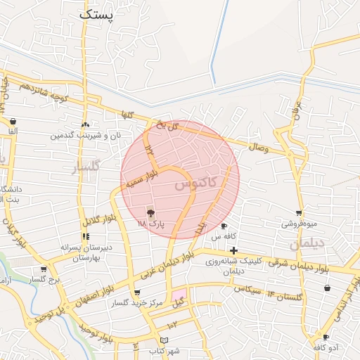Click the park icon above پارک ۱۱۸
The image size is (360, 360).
coord(150,212)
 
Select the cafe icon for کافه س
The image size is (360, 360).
coord(224,226)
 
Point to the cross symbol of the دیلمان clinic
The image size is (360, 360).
coord(233,250)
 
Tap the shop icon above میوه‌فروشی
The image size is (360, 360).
coord(299,213)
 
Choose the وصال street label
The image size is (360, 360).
coord(258,147)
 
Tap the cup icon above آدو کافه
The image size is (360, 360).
coord(326,337)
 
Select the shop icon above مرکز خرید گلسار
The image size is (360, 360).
coord(136,292)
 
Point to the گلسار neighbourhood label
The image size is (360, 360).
coord(86,166)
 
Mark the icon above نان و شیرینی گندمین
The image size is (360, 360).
coord(85,124)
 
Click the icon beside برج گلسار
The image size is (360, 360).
coord(44,269)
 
